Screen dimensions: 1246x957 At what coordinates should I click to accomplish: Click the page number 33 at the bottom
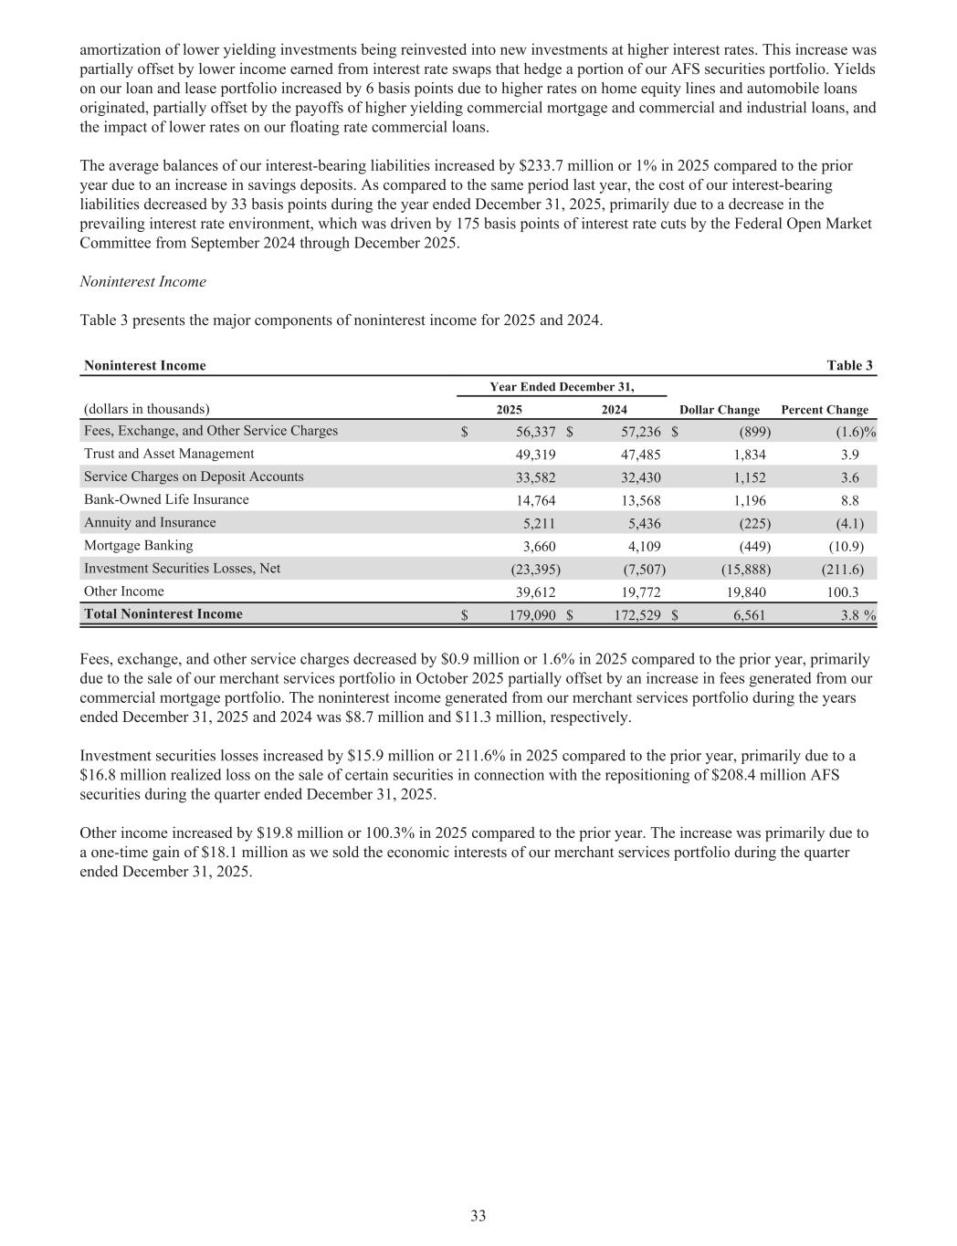point(478,1215)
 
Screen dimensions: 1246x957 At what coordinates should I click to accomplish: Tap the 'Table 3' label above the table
point(849,365)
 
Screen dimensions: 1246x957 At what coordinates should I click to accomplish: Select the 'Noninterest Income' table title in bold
point(145,365)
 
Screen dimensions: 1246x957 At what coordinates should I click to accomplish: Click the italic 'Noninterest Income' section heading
point(143,281)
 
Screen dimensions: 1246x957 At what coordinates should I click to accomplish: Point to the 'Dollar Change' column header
point(720,410)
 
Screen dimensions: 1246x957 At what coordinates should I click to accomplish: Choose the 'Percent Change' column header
point(825,410)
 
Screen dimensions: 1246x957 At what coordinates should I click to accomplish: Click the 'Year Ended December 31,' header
point(562,386)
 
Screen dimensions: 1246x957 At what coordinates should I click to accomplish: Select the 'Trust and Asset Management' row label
point(169,454)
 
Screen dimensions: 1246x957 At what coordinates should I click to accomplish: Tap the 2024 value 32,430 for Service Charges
point(641,476)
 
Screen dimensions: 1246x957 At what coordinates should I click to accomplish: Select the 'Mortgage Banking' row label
point(139,545)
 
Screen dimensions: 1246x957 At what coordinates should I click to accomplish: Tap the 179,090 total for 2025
point(532,615)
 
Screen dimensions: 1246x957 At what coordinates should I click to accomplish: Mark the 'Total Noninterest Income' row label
point(163,614)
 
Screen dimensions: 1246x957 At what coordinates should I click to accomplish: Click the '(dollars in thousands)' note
point(146,409)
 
